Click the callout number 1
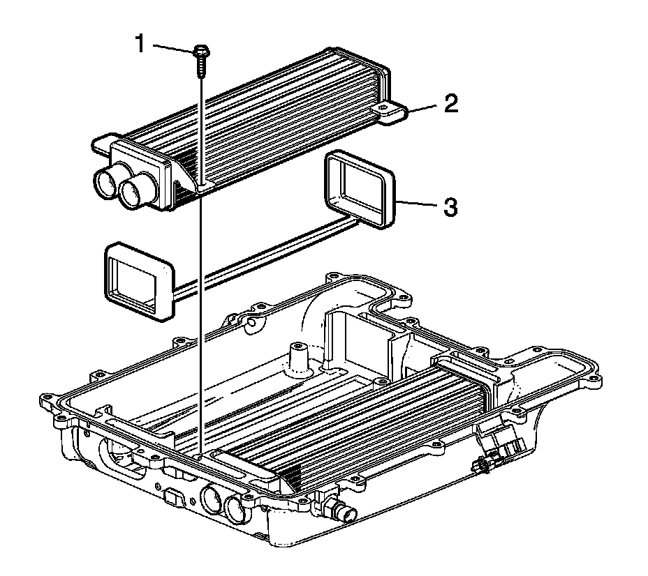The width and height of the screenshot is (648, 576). coord(140,45)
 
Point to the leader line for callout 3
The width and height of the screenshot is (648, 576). coord(419,204)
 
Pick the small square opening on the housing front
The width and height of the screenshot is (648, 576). coord(171,497)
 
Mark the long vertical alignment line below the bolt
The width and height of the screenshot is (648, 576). coord(200,314)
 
